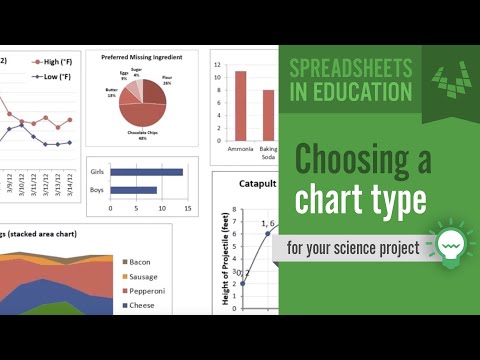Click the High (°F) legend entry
53,62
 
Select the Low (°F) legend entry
53,76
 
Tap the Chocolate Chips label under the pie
142,135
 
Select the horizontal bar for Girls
146,172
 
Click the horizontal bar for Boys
133,189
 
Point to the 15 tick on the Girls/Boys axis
187,207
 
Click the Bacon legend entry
141,263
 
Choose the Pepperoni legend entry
146,291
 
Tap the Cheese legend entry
141,305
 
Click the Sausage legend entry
144,277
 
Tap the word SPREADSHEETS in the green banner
349,69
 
